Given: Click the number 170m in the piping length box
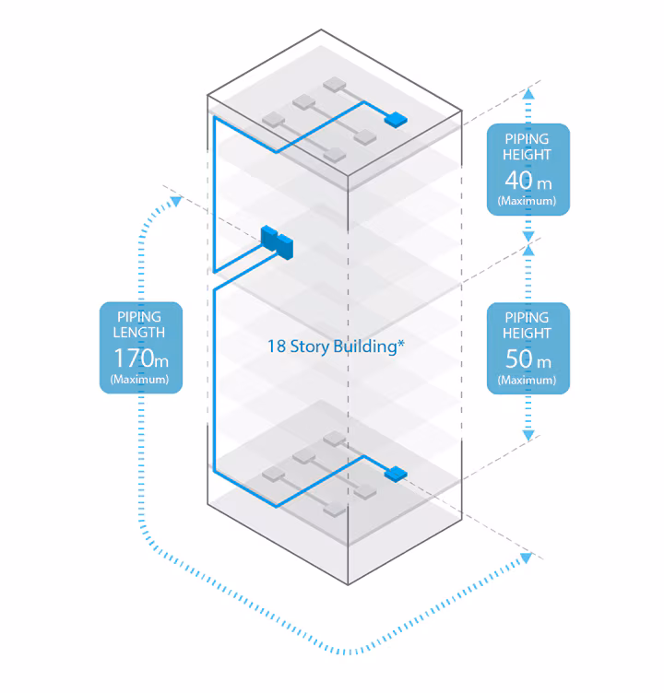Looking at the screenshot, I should click(141, 358).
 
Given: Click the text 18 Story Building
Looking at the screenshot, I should click(336, 346).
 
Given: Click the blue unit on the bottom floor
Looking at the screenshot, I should click(395, 474).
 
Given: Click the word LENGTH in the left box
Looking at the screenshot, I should click(141, 333).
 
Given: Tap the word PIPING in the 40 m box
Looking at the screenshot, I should click(528, 139).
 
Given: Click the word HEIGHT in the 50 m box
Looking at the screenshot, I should click(528, 333).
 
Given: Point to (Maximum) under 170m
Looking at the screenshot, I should click(141, 379).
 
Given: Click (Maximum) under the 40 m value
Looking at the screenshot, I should click(528, 200).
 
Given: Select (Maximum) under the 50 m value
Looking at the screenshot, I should click(528, 379).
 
